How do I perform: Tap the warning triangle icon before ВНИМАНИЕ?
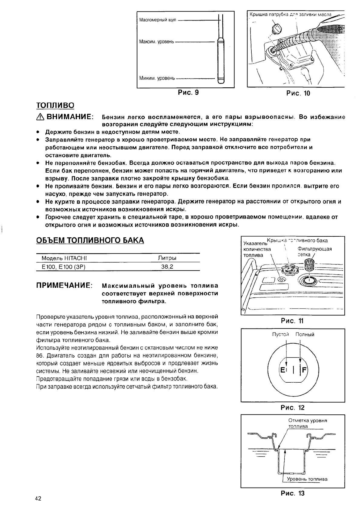click(x=40, y=117)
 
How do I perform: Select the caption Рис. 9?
click(x=188, y=92)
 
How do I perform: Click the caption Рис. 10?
click(x=298, y=93)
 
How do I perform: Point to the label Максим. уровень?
click(x=156, y=41)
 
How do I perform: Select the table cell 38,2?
click(x=167, y=267)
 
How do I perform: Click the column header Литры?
click(x=167, y=258)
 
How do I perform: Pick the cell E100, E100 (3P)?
click(x=61, y=267)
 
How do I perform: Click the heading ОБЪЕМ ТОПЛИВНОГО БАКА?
click(x=90, y=240)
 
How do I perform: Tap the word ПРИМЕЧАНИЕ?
click(x=64, y=286)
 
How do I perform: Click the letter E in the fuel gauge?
click(x=283, y=370)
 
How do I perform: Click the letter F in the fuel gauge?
click(x=304, y=370)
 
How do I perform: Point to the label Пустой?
click(x=281, y=334)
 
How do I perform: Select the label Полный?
click(x=305, y=334)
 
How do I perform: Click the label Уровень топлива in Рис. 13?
click(x=307, y=479)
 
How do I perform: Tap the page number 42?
click(x=38, y=498)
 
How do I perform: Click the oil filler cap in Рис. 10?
click(x=277, y=29)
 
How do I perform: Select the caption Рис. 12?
click(x=293, y=407)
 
